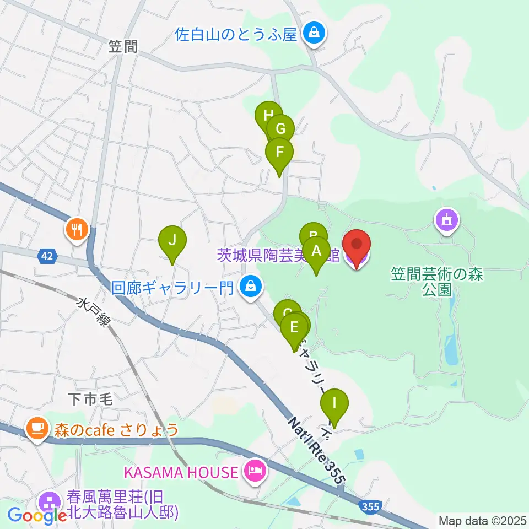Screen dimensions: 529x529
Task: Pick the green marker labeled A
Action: pos(316,252)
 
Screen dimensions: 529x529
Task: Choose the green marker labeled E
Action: pos(294,328)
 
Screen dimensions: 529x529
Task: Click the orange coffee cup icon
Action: pos(37,428)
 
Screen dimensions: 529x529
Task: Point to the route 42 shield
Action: pos(47,255)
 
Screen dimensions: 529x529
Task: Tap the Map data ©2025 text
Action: pos(483,521)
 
